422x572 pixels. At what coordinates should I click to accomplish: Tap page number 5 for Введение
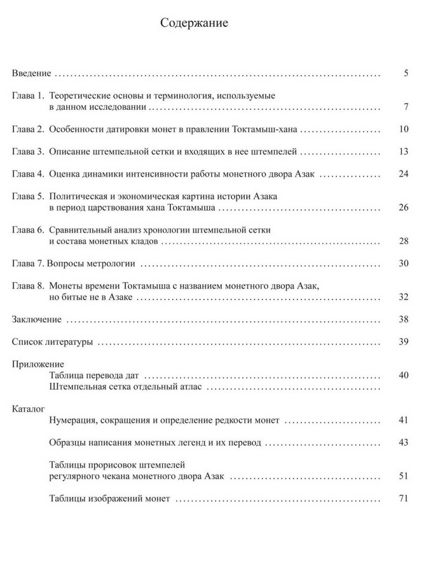click(x=405, y=74)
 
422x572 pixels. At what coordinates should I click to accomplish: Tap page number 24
click(x=402, y=174)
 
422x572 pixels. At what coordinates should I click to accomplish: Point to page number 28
click(x=402, y=240)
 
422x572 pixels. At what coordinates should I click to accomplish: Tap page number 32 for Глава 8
click(x=402, y=296)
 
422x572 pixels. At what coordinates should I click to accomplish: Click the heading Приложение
click(x=38, y=364)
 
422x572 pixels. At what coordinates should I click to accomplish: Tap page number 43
click(x=402, y=442)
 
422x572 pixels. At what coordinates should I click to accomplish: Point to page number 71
click(x=402, y=498)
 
